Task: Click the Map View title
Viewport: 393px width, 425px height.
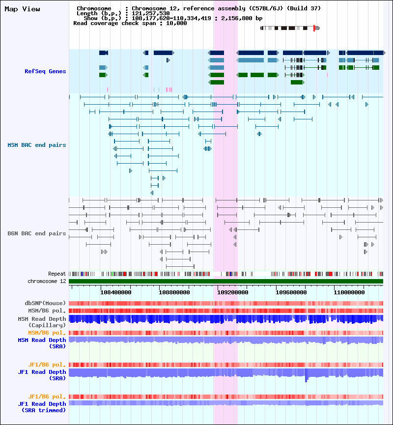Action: coord(22,9)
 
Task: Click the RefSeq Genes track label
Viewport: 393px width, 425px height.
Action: coord(45,72)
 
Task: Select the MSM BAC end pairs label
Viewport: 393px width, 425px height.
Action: coord(37,145)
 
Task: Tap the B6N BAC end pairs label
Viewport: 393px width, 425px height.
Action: coord(37,234)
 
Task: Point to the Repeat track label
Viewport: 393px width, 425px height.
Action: coord(57,274)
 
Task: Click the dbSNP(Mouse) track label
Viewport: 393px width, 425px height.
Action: coord(45,303)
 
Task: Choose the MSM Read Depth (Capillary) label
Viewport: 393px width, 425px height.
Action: coord(42,322)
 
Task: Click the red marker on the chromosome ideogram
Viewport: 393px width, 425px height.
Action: coord(314,28)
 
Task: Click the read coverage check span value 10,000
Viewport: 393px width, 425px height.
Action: coord(176,23)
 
